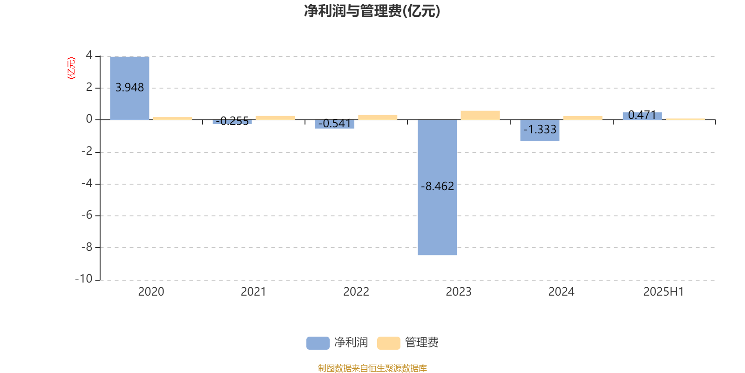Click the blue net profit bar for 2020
click(130, 88)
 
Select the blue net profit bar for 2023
click(437, 187)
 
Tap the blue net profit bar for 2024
click(540, 131)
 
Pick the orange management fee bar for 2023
click(480, 115)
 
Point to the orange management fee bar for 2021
click(275, 118)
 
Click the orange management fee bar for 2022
click(378, 117)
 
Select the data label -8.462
click(437, 186)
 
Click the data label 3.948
click(130, 88)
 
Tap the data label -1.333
click(540, 129)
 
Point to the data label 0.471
click(642, 115)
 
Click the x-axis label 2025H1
click(664, 292)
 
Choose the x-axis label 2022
click(356, 292)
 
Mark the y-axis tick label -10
click(84, 279)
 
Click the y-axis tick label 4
click(89, 55)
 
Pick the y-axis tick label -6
click(87, 215)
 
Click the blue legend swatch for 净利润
click(318, 343)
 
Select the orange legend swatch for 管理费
click(388, 343)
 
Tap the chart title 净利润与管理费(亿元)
click(372, 11)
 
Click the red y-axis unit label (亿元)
click(71, 68)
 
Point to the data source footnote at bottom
click(372, 368)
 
